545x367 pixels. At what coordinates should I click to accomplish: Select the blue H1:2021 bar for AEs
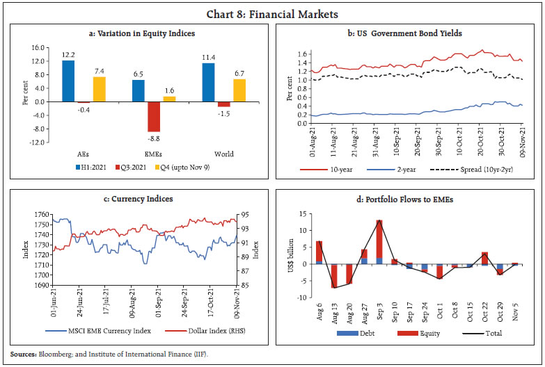tap(68, 81)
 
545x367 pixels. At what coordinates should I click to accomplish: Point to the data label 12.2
tap(68, 55)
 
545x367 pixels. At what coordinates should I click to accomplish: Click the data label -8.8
tap(154, 137)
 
